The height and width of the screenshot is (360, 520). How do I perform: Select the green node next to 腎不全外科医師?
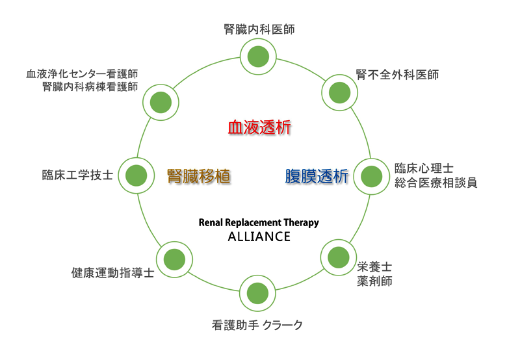[x=339, y=92]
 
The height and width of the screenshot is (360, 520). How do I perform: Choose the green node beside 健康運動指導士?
[x=174, y=259]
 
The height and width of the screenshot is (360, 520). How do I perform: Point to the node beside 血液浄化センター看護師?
[x=161, y=102]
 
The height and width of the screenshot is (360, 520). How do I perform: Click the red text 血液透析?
[x=259, y=127]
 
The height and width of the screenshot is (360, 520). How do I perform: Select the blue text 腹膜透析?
[x=317, y=176]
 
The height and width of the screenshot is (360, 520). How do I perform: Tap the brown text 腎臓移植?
[x=199, y=176]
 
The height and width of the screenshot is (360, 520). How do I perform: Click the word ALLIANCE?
[x=259, y=237]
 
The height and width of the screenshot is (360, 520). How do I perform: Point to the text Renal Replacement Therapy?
[x=259, y=222]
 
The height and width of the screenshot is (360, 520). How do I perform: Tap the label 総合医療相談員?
[x=436, y=183]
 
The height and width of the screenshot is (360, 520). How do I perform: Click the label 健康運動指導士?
[x=112, y=273]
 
